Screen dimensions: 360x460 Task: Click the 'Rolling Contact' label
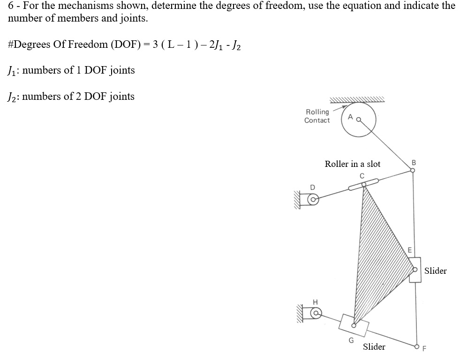[x=317, y=116]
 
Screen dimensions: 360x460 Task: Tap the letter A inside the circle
[x=350, y=118]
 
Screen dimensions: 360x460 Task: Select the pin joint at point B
[x=413, y=171]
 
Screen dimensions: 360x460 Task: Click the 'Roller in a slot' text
[x=353, y=164]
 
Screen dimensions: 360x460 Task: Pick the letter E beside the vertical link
[x=409, y=250]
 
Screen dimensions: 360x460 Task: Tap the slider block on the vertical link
[x=415, y=270]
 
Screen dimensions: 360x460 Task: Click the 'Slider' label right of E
[x=436, y=270]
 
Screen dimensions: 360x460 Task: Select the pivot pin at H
[x=317, y=312]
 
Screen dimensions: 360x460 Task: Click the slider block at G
[x=354, y=324]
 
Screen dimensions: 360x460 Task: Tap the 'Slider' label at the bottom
[x=374, y=347]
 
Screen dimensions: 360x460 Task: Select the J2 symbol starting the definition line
[x=12, y=97]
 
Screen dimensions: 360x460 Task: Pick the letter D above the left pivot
[x=312, y=187]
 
